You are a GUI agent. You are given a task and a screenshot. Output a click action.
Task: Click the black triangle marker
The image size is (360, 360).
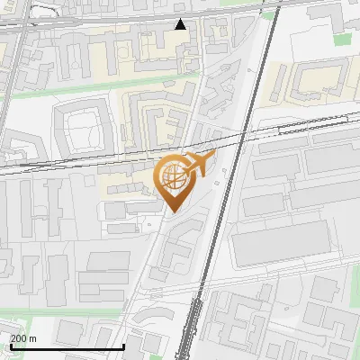click(181, 23)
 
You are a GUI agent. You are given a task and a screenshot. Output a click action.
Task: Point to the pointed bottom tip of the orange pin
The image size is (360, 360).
click(173, 212)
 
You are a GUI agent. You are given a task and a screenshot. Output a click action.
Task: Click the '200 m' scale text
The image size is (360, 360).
click(23, 338)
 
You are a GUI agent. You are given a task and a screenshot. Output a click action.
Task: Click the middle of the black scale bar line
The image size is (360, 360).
click(66, 347)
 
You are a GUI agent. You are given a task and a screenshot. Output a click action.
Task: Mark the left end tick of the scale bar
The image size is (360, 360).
click(10, 345)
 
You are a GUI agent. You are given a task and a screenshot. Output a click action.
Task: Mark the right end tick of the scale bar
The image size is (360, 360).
click(122, 345)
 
